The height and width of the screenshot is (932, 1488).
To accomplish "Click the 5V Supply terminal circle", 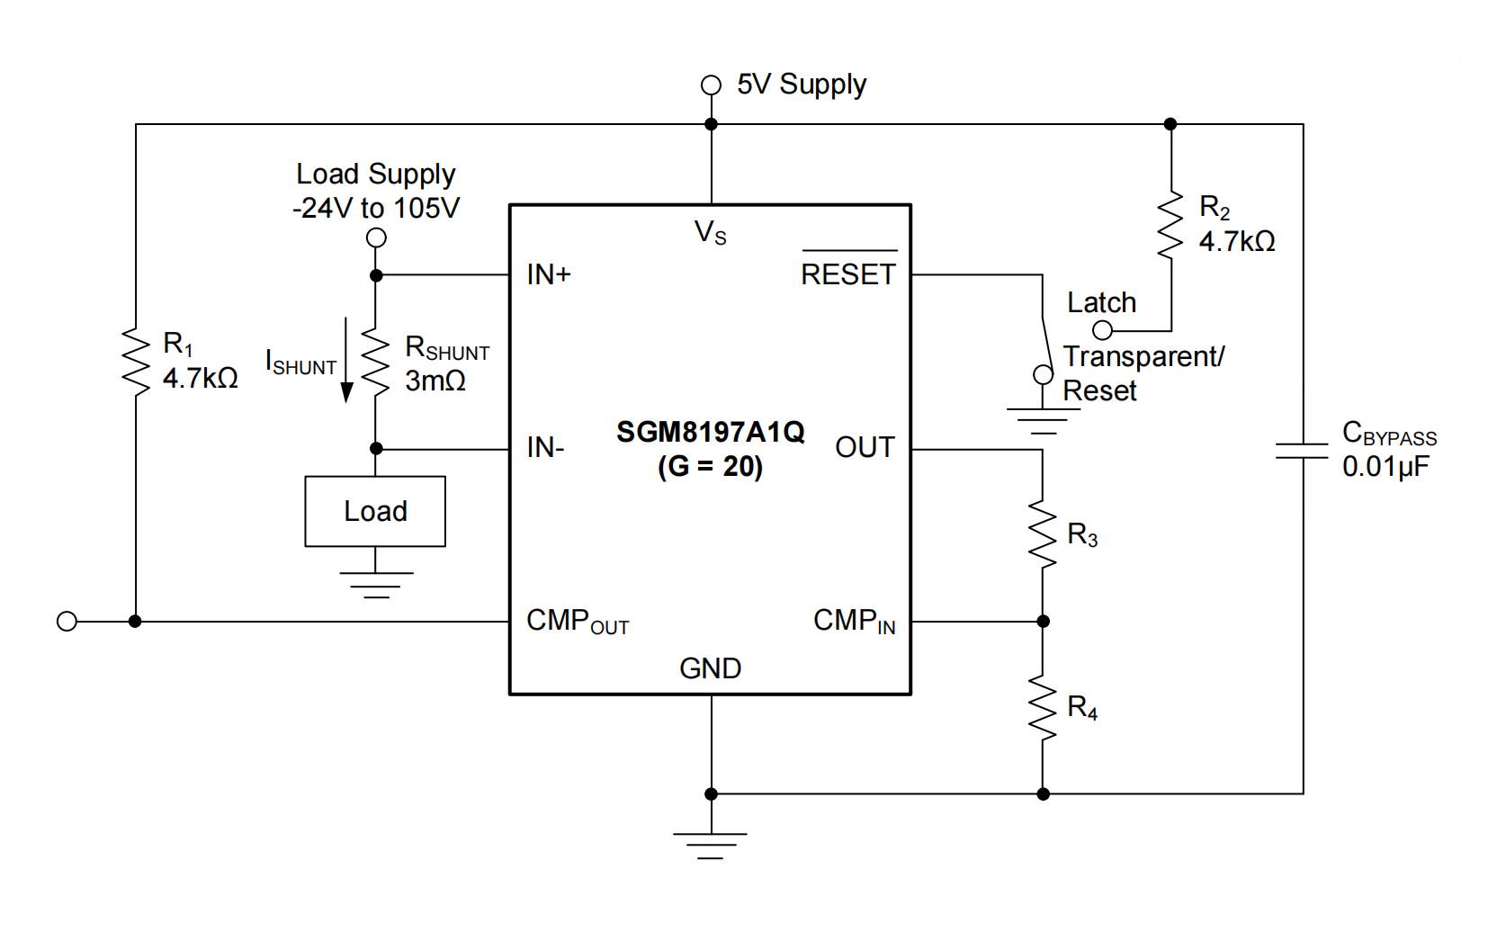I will [x=711, y=85].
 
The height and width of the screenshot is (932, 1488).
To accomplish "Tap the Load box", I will [x=375, y=511].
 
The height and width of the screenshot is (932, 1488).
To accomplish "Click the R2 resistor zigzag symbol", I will [x=1170, y=225].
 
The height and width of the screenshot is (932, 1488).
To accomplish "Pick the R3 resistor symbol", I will [x=1043, y=535].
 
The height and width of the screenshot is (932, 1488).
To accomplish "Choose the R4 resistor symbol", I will [x=1043, y=708].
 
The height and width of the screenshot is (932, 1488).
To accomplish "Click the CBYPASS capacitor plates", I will [x=1302, y=451].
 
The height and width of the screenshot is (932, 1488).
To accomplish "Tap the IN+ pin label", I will [x=549, y=274].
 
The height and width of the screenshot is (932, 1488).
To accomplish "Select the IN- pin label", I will [x=545, y=447].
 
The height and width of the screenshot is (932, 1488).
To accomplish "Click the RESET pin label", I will [x=848, y=273].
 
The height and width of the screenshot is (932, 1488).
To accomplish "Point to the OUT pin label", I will [x=865, y=447].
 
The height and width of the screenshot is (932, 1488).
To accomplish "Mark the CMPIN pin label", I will [x=854, y=621].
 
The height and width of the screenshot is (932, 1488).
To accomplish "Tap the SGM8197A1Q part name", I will [x=710, y=433].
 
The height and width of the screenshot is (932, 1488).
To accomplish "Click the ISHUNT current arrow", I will [x=346, y=360].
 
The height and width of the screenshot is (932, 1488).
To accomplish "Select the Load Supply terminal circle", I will [x=376, y=237].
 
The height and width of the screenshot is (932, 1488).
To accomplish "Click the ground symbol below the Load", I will [x=376, y=584].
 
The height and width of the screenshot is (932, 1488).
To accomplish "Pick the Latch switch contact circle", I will [x=1102, y=330].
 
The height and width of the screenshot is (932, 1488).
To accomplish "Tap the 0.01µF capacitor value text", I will [x=1385, y=467].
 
